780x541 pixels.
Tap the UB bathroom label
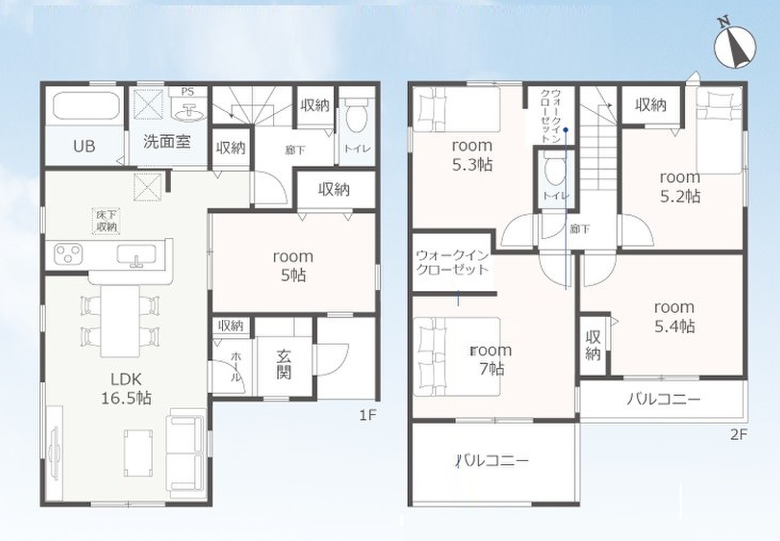click(84, 147)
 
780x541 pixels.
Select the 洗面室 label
click(167, 142)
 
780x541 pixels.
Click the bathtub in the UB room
click(86, 105)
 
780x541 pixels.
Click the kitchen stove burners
click(68, 254)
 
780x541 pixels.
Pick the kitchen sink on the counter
click(136, 254)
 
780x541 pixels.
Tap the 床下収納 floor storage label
click(106, 221)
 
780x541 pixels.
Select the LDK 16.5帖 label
click(127, 389)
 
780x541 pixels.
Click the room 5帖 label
click(293, 266)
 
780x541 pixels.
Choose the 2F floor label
click(739, 435)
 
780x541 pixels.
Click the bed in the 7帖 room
click(457, 357)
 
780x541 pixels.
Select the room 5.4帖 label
click(674, 316)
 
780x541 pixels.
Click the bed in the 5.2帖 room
click(719, 131)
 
